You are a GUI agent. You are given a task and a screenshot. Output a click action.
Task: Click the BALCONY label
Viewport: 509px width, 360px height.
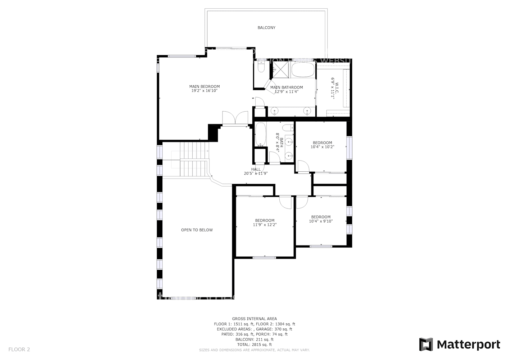pos(266,28)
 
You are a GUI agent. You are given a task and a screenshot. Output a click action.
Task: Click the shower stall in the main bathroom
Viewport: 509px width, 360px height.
pos(280,69)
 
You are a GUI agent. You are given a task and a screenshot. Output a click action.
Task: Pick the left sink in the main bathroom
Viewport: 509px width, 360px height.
pos(275,111)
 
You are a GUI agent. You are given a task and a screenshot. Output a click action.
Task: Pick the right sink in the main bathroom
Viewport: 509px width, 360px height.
pos(307,111)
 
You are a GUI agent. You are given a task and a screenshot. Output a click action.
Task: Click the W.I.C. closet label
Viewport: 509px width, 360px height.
pos(335,88)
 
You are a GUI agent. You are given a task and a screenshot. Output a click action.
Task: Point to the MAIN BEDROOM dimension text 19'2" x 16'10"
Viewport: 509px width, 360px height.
pos(204,91)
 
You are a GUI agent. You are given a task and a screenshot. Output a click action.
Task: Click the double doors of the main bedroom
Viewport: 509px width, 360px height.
pos(235,118)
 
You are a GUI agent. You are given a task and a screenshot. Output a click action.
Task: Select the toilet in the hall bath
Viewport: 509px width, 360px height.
pos(288,128)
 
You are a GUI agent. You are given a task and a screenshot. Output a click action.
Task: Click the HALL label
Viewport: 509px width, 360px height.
pos(256,169)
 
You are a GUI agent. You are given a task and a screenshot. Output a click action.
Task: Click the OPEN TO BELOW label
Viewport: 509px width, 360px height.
pos(197,230)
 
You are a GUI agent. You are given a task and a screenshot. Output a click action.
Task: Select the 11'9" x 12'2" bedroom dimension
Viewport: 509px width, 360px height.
pos(265,225)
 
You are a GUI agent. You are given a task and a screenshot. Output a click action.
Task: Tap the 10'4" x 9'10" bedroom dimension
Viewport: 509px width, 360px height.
pos(321,221)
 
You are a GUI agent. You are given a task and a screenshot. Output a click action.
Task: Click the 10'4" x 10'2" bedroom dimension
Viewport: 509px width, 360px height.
pos(322,147)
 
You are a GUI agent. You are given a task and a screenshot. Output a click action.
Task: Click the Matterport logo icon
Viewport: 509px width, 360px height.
pos(426,345)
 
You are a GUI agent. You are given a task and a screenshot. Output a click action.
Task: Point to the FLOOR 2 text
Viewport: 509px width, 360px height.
pos(19,349)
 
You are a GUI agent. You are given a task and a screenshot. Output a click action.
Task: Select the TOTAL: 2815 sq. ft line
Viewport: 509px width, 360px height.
pos(254,345)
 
